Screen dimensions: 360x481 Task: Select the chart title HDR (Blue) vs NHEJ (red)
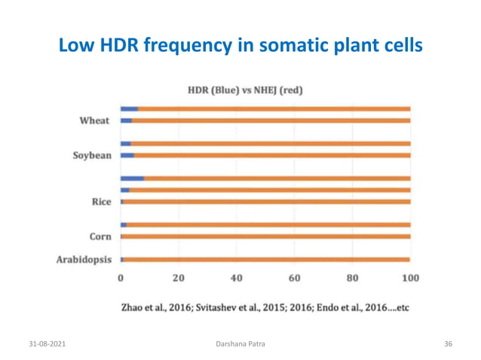(245, 90)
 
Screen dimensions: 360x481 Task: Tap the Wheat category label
(94, 121)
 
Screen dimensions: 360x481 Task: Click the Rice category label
(101, 202)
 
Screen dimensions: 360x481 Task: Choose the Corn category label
(100, 236)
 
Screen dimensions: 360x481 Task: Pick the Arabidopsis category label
(84, 260)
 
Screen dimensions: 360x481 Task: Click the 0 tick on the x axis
(121, 278)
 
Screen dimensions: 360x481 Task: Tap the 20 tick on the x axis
(178, 278)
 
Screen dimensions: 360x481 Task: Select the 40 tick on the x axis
(236, 278)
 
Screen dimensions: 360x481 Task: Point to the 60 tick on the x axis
(294, 278)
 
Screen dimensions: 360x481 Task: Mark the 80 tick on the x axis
(352, 278)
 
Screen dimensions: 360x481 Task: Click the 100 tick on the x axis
(409, 278)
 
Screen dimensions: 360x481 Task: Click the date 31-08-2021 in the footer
(47, 343)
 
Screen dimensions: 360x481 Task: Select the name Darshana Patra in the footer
(240, 343)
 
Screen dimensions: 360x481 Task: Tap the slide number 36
(448, 343)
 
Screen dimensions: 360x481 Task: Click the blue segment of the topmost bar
(129, 108)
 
